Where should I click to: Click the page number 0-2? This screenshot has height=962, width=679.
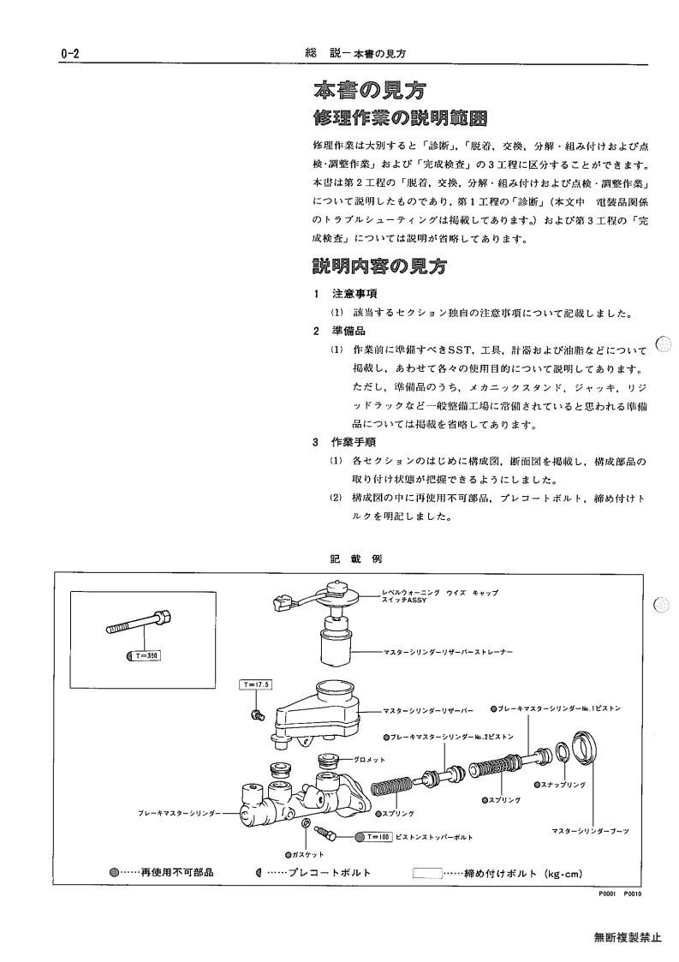click(70, 54)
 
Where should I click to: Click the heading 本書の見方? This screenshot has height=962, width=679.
click(369, 91)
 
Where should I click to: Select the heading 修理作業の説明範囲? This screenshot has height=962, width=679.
click(400, 118)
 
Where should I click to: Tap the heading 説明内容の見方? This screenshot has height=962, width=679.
click(379, 266)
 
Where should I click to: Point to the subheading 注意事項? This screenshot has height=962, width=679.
click(354, 294)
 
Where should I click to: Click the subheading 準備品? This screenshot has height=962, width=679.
click(348, 332)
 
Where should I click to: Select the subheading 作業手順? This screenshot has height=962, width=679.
click(354, 442)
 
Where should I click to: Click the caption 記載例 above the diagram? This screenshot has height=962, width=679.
click(355, 559)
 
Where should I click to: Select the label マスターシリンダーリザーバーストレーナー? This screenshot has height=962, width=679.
click(449, 652)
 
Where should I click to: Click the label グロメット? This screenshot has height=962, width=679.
click(369, 760)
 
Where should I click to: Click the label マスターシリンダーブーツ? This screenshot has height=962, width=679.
click(590, 831)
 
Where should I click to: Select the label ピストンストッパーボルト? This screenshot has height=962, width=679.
click(434, 837)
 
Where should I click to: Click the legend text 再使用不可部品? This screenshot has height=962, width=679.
click(177, 872)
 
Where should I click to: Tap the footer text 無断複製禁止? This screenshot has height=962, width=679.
click(628, 937)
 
